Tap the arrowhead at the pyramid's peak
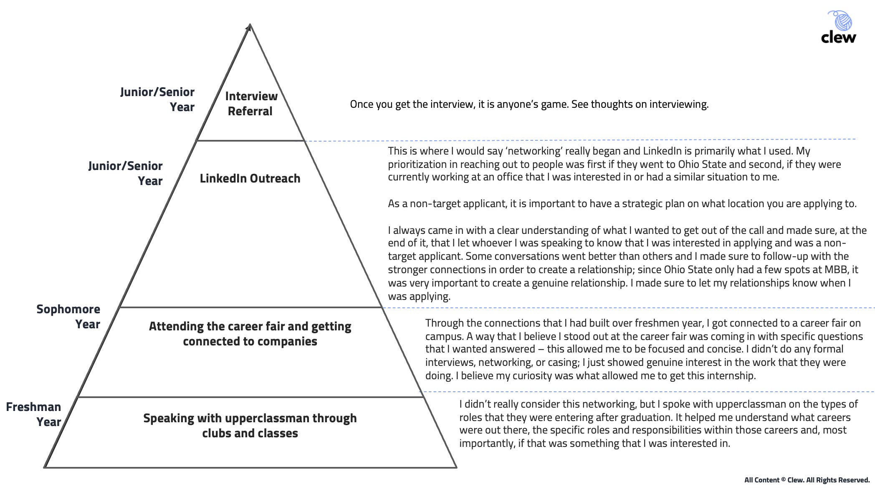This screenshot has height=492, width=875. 249,28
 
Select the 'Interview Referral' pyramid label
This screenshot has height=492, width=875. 250,104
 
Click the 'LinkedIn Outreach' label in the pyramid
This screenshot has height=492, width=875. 250,178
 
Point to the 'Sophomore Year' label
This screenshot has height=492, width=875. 68,317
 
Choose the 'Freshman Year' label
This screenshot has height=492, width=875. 34,414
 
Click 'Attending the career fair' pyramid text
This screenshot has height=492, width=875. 250,334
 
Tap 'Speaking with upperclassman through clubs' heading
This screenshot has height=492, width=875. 250,426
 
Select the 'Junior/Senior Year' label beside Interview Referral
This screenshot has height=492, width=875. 157,99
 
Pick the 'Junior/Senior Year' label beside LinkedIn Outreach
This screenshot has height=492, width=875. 125,173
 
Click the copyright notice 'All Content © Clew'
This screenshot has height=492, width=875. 807,480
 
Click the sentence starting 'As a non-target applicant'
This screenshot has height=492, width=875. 622,204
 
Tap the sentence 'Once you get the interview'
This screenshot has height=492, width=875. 529,104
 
